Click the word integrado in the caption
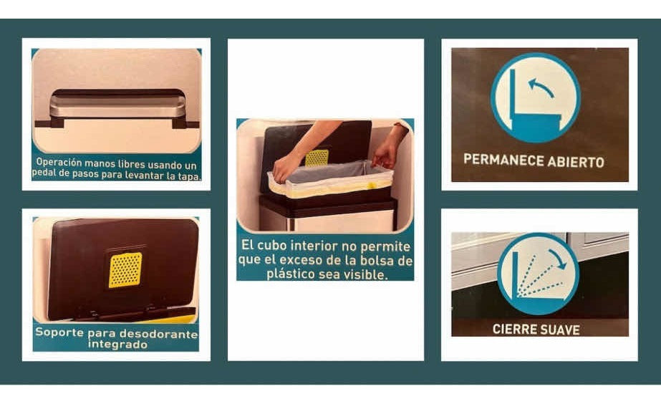[x=118, y=345]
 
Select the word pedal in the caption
[x=50, y=175]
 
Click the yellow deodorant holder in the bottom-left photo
[x=125, y=270]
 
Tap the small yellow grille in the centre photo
[x=317, y=158]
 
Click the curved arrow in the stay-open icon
[x=542, y=87]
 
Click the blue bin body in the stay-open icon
[x=533, y=126]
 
